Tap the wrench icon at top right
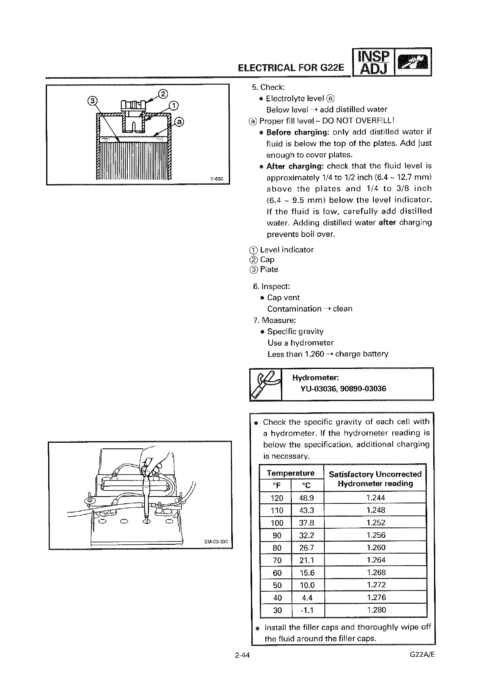(x=413, y=62)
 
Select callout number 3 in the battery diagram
(x=92, y=101)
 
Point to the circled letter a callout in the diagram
(x=179, y=121)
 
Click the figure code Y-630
(x=216, y=179)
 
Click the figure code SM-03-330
(x=216, y=542)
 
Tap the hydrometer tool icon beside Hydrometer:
(x=265, y=384)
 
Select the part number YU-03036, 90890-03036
(x=343, y=389)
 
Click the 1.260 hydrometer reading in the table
(x=376, y=548)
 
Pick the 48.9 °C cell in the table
(x=307, y=498)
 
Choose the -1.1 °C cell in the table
(x=307, y=611)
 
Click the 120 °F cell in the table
(x=277, y=498)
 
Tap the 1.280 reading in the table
(x=376, y=610)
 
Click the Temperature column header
(x=291, y=473)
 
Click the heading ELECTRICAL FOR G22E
(x=291, y=67)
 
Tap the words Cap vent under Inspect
(x=283, y=297)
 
